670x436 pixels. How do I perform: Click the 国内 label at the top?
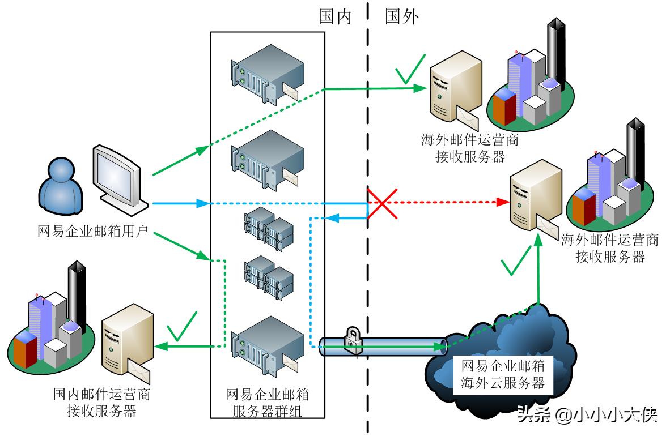click(x=335, y=17)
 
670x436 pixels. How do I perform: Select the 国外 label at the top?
click(x=402, y=17)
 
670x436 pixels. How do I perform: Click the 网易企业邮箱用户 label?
click(x=92, y=230)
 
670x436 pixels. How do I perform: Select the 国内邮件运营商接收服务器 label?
click(x=101, y=401)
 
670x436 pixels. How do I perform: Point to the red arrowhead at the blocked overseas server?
click(x=501, y=202)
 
